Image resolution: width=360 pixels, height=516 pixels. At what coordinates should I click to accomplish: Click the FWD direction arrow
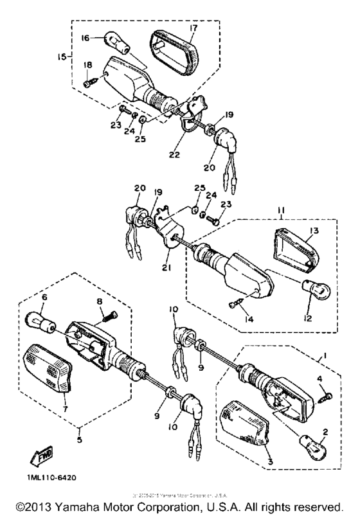pyautogui.click(x=39, y=458)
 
